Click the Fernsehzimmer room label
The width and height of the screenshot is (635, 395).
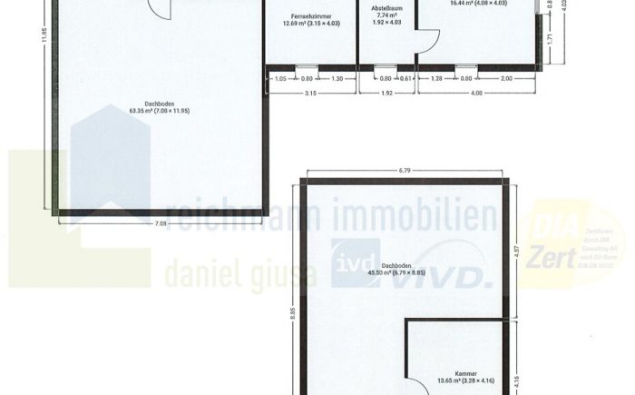tap(309, 16)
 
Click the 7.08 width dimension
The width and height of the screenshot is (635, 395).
tap(160, 222)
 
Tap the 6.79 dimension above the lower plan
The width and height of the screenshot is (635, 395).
tap(405, 169)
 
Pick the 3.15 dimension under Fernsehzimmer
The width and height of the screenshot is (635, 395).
tap(310, 93)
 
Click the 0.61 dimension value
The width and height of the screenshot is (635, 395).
tap(406, 79)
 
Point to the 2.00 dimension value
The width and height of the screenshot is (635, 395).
tap(506, 79)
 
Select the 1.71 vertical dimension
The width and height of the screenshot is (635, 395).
tap(550, 39)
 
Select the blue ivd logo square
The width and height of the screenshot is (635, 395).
tap(348, 263)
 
